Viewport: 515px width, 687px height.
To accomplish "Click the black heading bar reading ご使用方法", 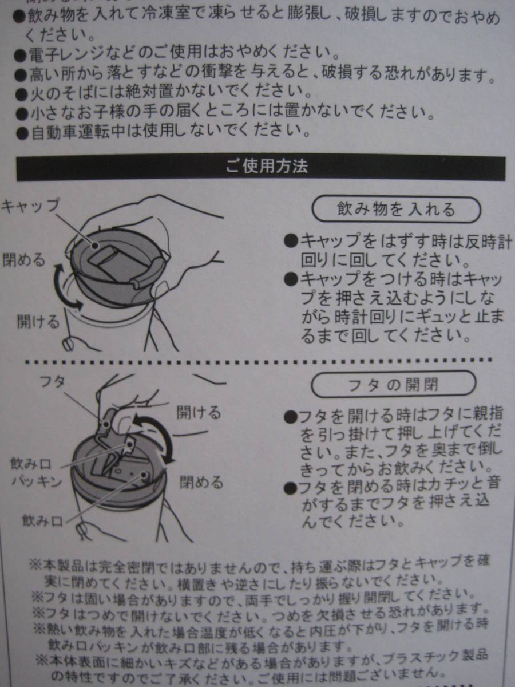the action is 261,168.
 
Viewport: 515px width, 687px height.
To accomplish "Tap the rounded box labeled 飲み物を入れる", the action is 396,210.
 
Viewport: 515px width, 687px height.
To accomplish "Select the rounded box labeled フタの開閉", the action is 394,384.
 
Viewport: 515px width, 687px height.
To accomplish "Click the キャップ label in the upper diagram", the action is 30,206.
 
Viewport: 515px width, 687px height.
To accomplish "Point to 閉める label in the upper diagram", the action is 24,259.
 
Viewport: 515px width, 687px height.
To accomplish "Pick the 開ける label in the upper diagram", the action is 38,321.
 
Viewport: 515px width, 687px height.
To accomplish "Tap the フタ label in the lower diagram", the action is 53,382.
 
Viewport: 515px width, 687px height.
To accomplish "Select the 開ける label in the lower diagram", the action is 199,412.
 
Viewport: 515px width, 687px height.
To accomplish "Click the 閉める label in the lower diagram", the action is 201,481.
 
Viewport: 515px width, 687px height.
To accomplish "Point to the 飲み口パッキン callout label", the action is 36,473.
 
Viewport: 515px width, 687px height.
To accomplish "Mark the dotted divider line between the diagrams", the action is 258,361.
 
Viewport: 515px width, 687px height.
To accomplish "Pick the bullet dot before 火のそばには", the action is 22,94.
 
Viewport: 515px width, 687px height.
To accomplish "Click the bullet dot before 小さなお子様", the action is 22,114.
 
